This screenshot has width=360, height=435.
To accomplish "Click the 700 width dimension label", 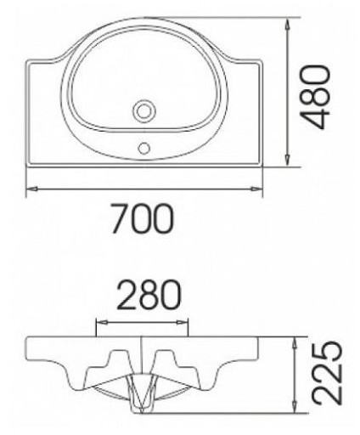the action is click(142, 219).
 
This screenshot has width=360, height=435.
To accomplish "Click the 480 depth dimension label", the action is click(314, 97).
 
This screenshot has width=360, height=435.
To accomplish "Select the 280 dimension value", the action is click(149, 295).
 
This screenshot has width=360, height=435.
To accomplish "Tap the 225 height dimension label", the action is click(327, 374).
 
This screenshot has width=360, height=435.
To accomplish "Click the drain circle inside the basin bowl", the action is click(144, 110).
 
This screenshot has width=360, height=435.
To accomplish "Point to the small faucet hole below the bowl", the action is click(144, 148).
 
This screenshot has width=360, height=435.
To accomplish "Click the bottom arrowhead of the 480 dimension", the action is click(288, 160).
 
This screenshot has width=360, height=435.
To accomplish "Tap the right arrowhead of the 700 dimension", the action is click(256, 189).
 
